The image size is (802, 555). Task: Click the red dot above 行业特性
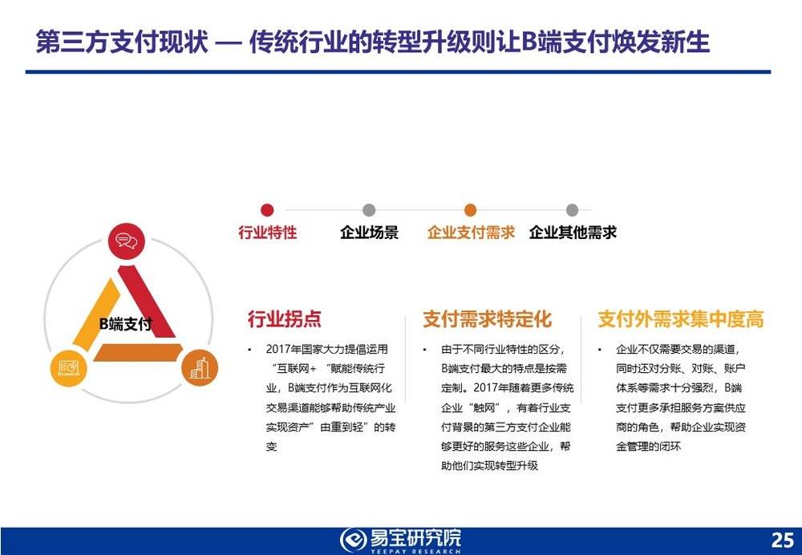pos(268,210)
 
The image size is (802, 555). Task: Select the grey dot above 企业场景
pos(369,210)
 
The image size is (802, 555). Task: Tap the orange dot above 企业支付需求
pos(471,210)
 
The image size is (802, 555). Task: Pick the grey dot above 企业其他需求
pos(572,210)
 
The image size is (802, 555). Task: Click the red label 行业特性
pos(268,233)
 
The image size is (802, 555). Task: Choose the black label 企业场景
pos(369,233)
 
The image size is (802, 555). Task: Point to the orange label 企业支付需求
pos(471,233)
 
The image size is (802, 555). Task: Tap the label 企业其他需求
pos(573,233)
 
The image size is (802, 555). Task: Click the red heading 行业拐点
pos(285,319)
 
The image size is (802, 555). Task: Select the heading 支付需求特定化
pos(488,319)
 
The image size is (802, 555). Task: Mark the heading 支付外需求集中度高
pos(680,319)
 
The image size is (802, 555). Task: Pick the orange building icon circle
pos(199,367)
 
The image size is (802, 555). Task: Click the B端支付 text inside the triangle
pos(125,325)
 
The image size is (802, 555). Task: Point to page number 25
pos(781,538)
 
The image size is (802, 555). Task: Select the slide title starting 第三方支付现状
pos(373,42)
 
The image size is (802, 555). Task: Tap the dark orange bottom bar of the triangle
pos(136,353)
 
